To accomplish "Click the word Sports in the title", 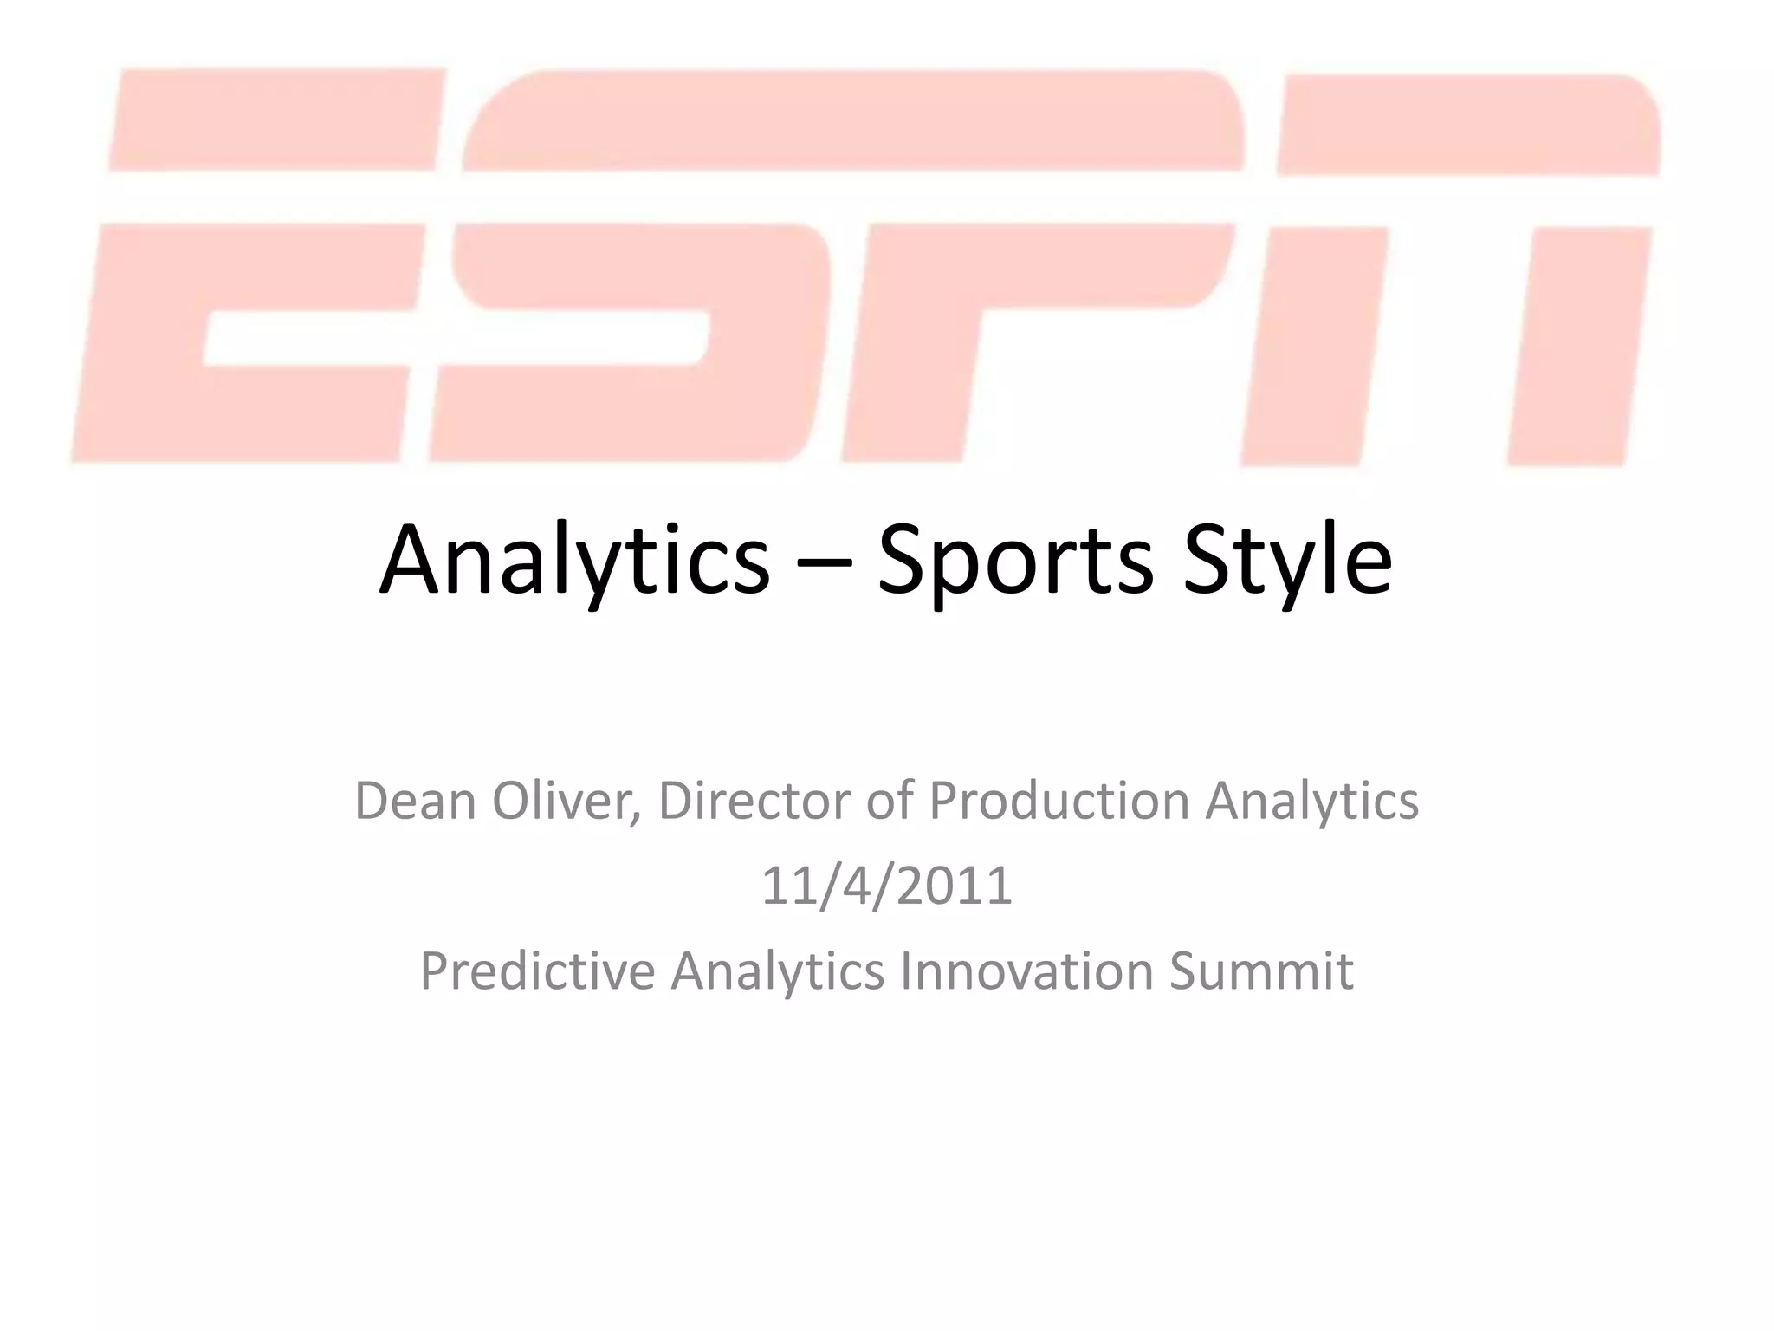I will pos(1015,561).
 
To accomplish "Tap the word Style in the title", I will pos(1287,561).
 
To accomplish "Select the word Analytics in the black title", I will pos(574,561).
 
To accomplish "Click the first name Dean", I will pos(415,800).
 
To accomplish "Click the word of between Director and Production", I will pos(890,800).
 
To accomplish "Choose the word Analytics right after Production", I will pos(1312,800).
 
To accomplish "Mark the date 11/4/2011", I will pos(887,886).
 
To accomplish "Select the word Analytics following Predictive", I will pos(777,971).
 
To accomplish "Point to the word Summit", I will pos(1261,971).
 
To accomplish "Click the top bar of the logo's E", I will pos(277,119).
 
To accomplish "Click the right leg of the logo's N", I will pos(1581,347).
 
